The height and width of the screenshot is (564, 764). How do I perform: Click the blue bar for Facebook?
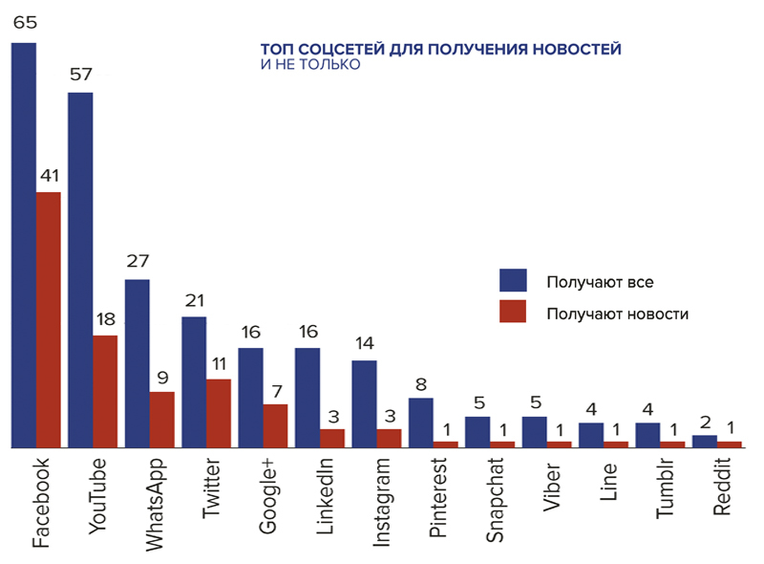click(x=24, y=245)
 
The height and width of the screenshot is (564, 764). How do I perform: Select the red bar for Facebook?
click(x=49, y=319)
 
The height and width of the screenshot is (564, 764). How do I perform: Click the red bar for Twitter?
click(x=219, y=413)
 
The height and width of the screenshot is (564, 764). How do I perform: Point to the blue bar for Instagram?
click(x=364, y=403)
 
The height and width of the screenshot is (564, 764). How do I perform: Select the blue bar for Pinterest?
click(x=421, y=423)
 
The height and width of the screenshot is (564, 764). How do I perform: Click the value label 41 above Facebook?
click(x=49, y=177)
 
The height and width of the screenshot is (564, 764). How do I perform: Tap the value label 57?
click(x=80, y=76)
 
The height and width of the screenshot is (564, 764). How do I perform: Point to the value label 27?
click(x=138, y=262)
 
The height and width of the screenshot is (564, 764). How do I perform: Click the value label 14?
click(x=364, y=343)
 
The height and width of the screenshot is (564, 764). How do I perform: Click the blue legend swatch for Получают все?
click(x=514, y=280)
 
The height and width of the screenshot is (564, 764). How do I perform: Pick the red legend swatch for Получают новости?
click(x=514, y=312)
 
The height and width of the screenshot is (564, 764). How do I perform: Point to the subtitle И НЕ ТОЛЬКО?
click(x=310, y=65)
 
